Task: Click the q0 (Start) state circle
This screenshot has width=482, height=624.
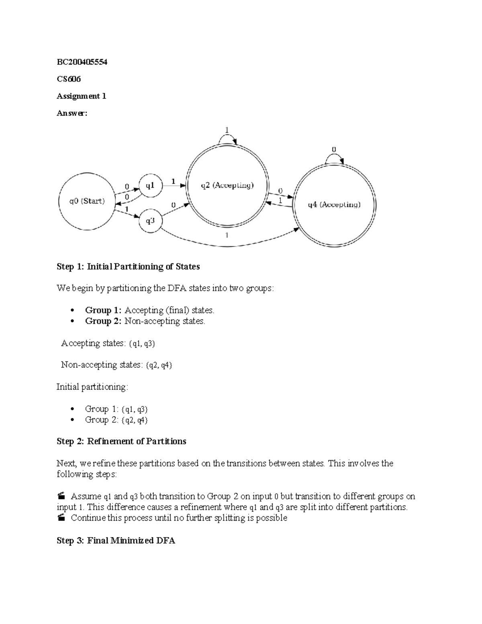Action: (87, 201)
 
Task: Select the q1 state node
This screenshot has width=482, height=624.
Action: (149, 186)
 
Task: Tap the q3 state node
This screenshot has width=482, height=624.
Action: (150, 221)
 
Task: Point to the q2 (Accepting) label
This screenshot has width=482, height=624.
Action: (227, 185)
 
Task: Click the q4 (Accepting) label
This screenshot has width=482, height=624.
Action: (334, 205)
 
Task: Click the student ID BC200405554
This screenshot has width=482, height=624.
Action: (82, 62)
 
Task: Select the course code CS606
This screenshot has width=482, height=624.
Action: (69, 79)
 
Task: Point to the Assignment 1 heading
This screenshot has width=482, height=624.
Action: (82, 96)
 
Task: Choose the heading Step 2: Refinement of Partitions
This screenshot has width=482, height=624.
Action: (121, 441)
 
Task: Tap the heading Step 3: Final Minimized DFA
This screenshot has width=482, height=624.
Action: (116, 540)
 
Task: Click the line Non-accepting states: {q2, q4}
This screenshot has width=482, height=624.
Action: (116, 365)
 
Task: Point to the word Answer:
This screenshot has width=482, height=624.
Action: (71, 113)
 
